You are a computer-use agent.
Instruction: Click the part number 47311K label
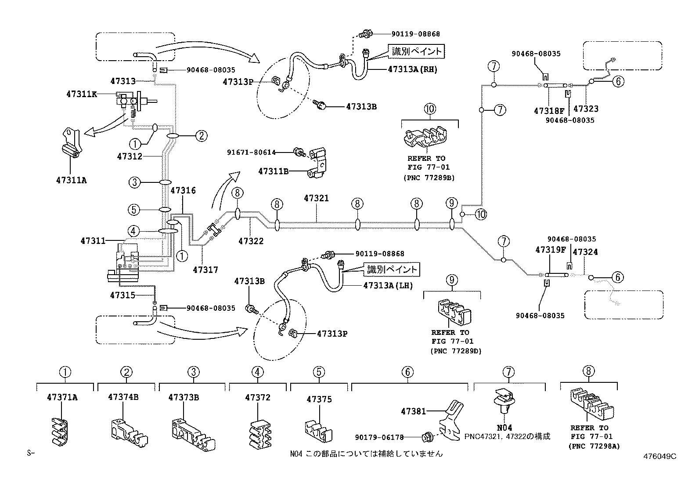(x=82, y=94)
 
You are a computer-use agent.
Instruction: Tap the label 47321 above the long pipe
(x=316, y=199)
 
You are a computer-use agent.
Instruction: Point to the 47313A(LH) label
(x=388, y=286)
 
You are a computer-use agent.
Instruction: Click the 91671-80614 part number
(x=251, y=153)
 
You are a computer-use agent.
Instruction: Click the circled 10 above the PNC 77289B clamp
(x=429, y=109)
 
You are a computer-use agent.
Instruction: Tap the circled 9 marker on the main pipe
(x=451, y=203)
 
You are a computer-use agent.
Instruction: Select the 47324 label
(x=585, y=252)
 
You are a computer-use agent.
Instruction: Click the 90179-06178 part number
(x=379, y=437)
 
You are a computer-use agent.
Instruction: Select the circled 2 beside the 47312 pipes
(x=201, y=136)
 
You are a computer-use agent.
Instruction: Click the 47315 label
(x=123, y=295)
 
